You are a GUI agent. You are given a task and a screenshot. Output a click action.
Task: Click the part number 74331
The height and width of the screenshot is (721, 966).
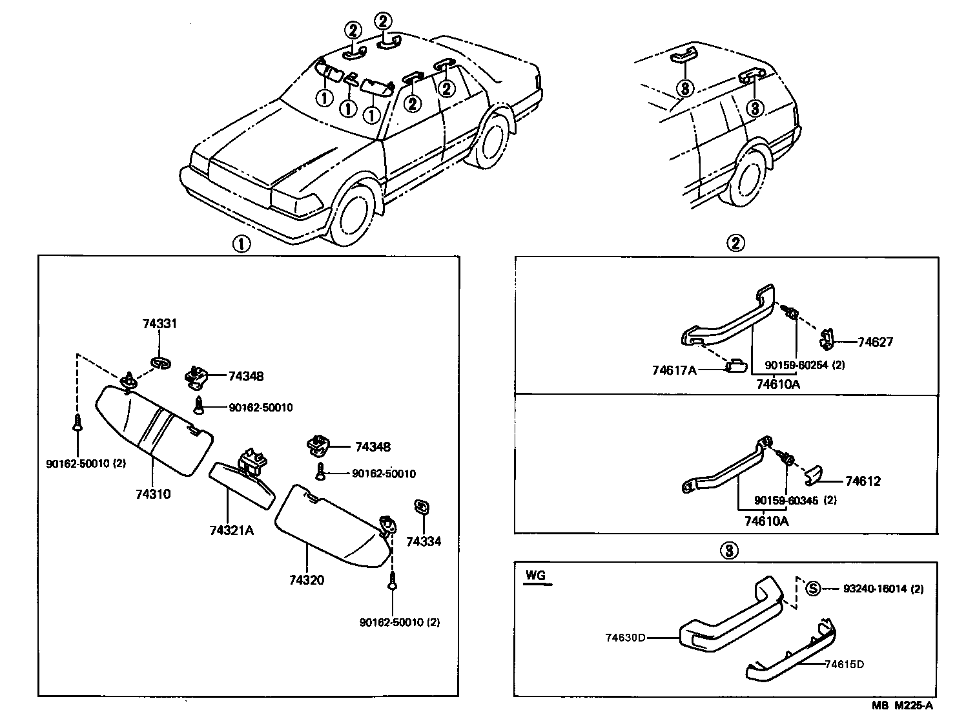(159, 324)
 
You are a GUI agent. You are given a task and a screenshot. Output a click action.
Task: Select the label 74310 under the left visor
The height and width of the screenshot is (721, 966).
(153, 494)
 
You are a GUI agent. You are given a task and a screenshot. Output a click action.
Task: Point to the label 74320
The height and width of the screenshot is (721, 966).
(307, 580)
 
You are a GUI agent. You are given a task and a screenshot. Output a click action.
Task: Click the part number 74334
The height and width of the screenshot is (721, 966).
(424, 541)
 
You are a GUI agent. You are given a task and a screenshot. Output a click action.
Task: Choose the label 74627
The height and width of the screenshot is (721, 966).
(875, 342)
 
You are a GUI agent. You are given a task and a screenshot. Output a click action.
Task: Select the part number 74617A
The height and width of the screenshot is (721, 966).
(675, 370)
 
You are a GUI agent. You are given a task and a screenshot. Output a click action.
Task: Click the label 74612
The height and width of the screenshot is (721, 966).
(863, 481)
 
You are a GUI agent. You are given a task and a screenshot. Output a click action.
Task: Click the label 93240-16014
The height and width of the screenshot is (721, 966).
(875, 589)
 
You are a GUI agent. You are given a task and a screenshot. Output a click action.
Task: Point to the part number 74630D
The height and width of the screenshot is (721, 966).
(626, 638)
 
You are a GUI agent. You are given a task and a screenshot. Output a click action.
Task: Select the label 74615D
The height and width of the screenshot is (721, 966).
(844, 664)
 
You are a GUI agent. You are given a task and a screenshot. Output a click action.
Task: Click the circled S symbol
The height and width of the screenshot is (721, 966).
(814, 589)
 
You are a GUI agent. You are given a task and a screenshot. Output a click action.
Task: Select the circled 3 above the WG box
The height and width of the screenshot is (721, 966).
(727, 550)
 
